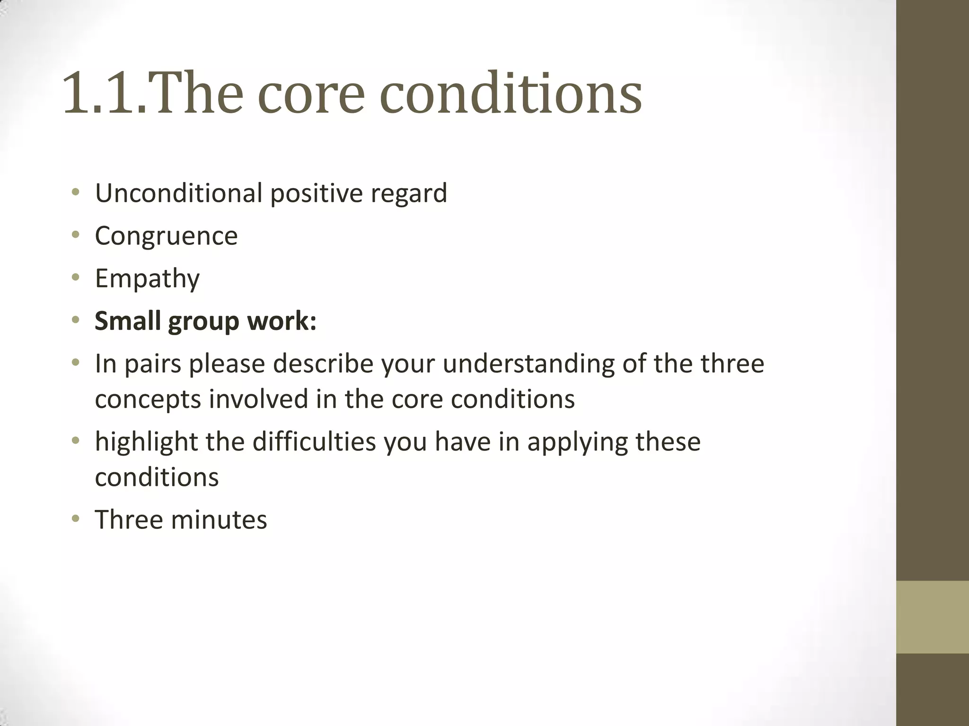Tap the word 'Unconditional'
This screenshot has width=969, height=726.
pyautogui.click(x=178, y=193)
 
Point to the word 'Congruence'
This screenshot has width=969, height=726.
pyautogui.click(x=166, y=236)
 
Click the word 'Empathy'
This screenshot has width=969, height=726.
pyautogui.click(x=147, y=279)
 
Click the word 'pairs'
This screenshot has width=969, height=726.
pyautogui.click(x=153, y=364)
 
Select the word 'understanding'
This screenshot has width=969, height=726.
pyautogui.click(x=528, y=364)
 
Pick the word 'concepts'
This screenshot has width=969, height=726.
pyautogui.click(x=148, y=399)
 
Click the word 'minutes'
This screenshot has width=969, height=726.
pyautogui.click(x=219, y=519)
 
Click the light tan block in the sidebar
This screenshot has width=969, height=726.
pyautogui.click(x=932, y=617)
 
